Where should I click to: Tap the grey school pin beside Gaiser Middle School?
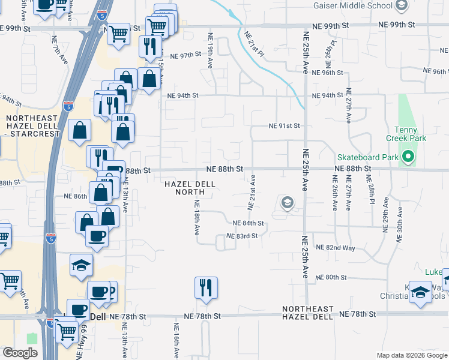click(x=402, y=6)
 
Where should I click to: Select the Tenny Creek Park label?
click(x=410, y=134)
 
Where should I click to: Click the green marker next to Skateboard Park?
click(x=409, y=158)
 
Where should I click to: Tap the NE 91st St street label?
click(x=283, y=126)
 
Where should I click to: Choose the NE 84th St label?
click(x=249, y=223)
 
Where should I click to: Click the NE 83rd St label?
click(x=242, y=236)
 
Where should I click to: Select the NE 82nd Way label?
click(x=336, y=248)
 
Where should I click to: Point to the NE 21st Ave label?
click(x=253, y=192)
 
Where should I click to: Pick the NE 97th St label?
click(x=184, y=56)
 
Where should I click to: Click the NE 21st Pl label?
click(x=254, y=44)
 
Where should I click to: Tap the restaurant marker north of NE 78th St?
click(x=206, y=287)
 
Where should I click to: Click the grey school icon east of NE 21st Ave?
click(x=288, y=203)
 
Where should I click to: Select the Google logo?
click(x=20, y=353)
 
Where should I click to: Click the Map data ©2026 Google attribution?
click(x=412, y=355)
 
